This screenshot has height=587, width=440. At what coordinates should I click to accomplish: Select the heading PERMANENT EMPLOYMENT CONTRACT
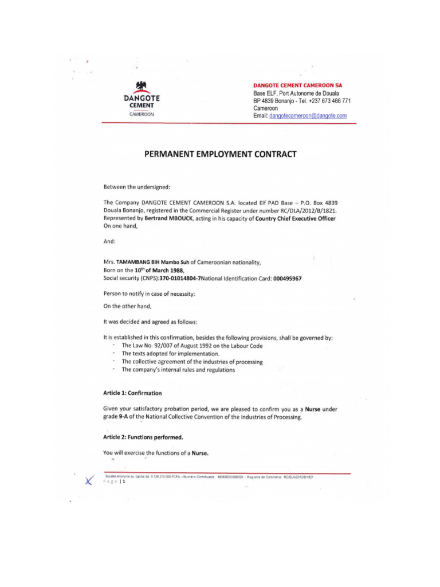(220, 154)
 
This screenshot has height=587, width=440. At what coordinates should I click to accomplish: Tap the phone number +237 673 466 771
(329, 101)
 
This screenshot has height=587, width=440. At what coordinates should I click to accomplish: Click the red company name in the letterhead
(297, 85)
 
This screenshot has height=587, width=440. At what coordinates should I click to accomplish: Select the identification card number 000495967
(282, 278)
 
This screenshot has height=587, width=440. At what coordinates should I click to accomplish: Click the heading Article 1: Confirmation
(132, 393)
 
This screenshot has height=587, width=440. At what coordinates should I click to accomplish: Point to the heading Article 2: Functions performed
(143, 437)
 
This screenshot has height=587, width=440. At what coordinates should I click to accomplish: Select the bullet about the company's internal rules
(178, 370)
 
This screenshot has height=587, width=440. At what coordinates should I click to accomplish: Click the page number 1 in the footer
(124, 482)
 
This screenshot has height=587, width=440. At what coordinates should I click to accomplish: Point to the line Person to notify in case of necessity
(149, 293)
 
